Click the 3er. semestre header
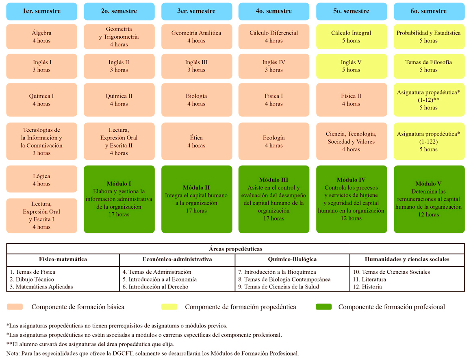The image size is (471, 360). [196, 11]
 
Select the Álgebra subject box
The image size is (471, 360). [41, 37]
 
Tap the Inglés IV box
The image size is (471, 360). [273, 66]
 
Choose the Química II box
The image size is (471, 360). [119, 100]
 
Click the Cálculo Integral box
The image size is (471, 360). [351, 37]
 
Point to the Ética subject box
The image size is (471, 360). [196, 141]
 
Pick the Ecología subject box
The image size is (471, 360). [273, 141]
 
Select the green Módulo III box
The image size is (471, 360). [273, 199]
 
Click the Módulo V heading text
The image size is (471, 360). [428, 184]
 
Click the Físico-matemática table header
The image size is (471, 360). [63, 259]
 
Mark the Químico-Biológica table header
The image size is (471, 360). [292, 259]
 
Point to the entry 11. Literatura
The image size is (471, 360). [369, 279]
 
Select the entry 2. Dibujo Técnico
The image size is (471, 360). [32, 279]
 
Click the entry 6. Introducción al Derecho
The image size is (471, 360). [155, 287]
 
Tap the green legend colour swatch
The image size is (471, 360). [323, 307]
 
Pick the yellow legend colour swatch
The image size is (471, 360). [169, 307]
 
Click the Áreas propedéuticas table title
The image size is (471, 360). [236, 249]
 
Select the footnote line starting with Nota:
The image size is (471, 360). [152, 353]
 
